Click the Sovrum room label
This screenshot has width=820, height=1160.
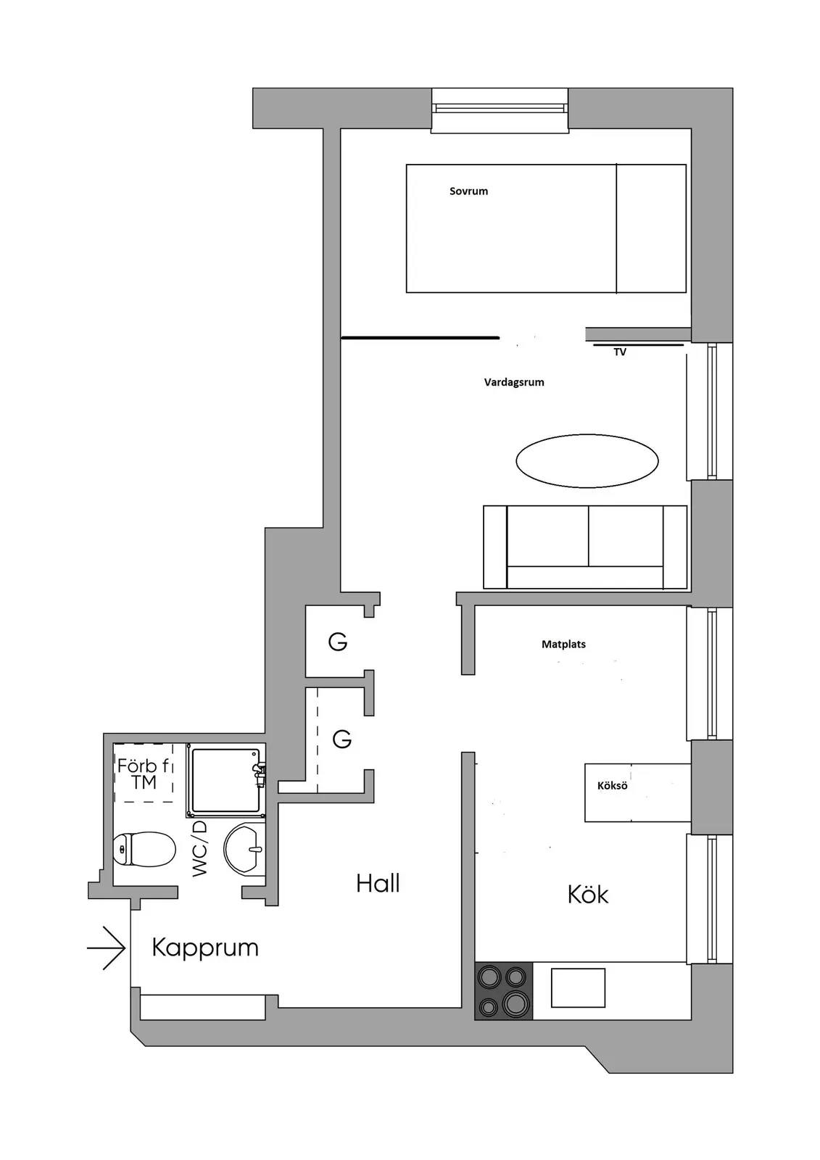[468, 191]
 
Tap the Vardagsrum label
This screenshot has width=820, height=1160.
[514, 383]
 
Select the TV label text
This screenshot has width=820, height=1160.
[620, 352]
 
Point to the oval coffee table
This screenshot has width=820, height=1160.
[587, 460]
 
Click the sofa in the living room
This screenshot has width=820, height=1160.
[585, 547]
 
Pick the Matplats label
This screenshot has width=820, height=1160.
[563, 645]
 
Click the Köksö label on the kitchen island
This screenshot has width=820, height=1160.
[612, 786]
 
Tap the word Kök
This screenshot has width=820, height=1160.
[588, 895]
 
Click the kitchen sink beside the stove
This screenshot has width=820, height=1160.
[578, 987]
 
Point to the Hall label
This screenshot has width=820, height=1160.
[378, 883]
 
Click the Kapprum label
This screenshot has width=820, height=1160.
[205, 948]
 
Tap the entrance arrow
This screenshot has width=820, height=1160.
[106, 948]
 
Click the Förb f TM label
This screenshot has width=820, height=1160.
[144, 774]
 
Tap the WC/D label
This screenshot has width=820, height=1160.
[199, 849]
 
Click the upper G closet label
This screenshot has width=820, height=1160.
[338, 642]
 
